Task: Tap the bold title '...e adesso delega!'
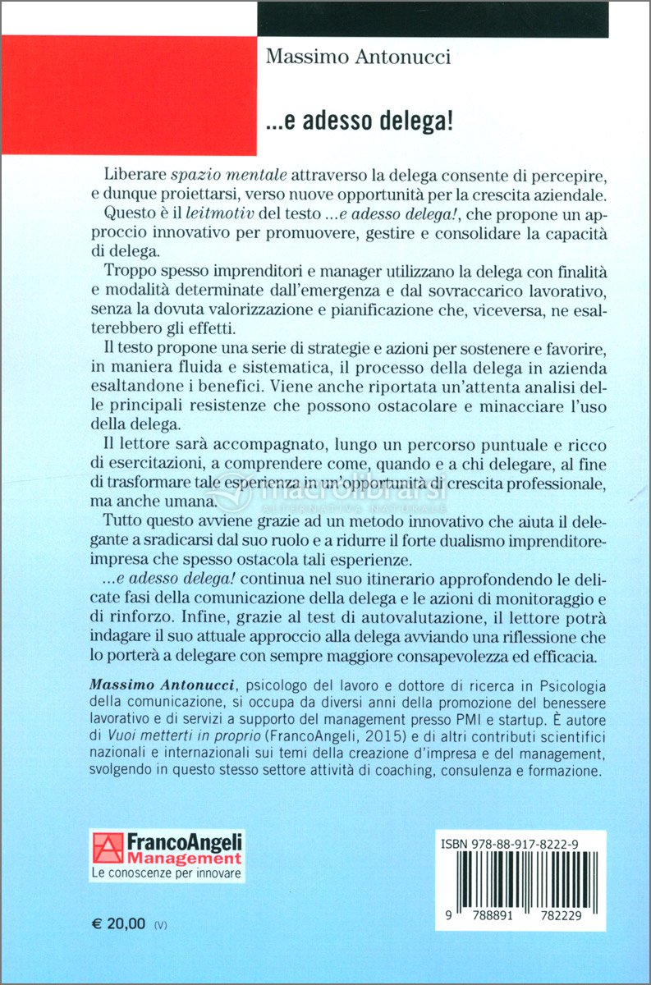click(x=360, y=121)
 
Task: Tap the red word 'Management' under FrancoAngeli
click(x=184, y=859)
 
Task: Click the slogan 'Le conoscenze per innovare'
click(x=167, y=873)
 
